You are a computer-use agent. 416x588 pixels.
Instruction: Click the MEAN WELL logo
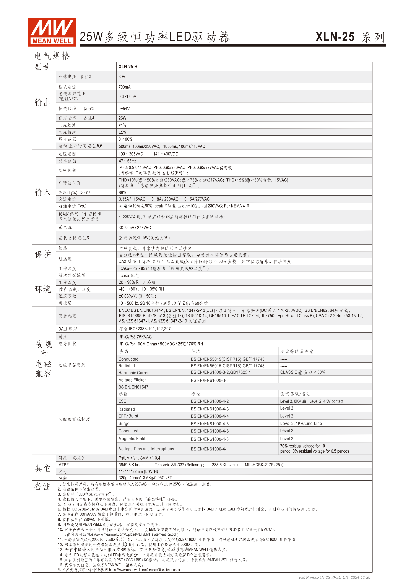pos(52,32)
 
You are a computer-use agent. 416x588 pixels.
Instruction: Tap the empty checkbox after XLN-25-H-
pos(143,66)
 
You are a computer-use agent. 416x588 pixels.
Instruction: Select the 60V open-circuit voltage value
pos(122,77)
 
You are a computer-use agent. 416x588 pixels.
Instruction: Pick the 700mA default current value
pos(125,87)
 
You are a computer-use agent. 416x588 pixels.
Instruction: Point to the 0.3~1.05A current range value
pos(127,97)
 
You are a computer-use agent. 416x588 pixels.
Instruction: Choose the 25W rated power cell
pos(122,118)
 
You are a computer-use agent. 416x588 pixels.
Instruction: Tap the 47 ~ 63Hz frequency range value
pos(127,161)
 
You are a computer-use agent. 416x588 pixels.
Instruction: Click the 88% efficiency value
pos(122,193)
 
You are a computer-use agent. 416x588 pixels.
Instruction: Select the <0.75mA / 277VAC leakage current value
pos(135,228)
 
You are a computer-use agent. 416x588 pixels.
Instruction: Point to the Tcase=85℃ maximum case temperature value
pos(129,275)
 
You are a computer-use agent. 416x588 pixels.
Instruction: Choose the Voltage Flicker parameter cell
pos(132,380)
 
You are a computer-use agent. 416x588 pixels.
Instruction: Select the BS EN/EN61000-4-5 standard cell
pos(210,424)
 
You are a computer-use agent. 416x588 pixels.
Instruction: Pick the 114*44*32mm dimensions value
pos(138,471)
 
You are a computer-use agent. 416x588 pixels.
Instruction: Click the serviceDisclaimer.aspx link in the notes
pos(145,570)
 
